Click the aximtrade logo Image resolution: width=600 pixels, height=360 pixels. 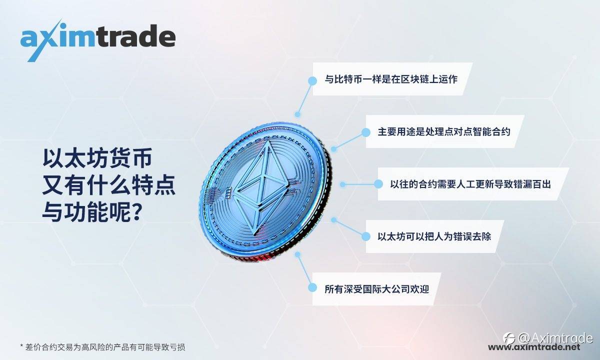pos(98,39)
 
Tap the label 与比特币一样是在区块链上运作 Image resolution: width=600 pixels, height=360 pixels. pos(391,79)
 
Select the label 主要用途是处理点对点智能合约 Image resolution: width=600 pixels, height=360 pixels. pos(444,132)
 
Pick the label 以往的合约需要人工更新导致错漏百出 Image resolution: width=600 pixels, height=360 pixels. pos(470,184)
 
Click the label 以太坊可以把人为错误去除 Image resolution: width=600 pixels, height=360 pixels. pos(434,236)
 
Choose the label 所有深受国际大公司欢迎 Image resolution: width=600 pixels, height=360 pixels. pos(377,289)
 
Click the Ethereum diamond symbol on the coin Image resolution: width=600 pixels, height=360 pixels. pos(262,187)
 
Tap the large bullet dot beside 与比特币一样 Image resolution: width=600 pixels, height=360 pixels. pos(312,80)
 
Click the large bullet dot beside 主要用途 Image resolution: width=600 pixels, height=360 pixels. pos(365,132)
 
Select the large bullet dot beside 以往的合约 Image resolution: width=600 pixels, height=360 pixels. pos(378,184)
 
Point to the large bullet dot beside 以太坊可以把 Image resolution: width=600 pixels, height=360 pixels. pos(365,236)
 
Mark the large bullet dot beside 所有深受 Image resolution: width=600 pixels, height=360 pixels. pos(312,287)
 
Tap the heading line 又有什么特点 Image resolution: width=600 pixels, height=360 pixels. pos(109,185)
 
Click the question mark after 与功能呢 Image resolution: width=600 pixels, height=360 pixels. pos(136,211)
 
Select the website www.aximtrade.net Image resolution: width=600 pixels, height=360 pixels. pos(534,347)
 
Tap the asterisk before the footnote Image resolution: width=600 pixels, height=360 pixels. pos(21,346)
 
